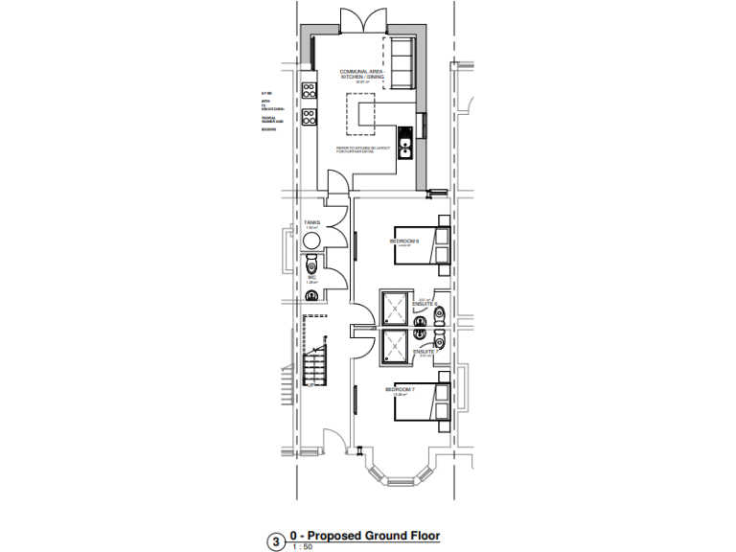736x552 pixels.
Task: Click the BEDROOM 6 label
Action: tap(406, 241)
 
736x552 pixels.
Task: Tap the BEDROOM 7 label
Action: tap(400, 390)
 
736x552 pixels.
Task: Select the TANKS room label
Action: tap(311, 222)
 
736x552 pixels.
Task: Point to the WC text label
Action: tap(311, 278)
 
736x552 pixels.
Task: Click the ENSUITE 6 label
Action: tap(425, 304)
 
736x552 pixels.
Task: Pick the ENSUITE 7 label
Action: tap(425, 352)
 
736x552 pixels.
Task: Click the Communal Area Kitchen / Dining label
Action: tap(362, 76)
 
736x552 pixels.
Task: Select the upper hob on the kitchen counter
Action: tap(310, 91)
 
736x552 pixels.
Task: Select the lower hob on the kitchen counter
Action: tap(310, 119)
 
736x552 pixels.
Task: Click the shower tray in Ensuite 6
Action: tap(394, 307)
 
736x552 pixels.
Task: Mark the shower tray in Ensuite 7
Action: tap(394, 347)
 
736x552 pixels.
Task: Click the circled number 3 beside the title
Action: tap(278, 542)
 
